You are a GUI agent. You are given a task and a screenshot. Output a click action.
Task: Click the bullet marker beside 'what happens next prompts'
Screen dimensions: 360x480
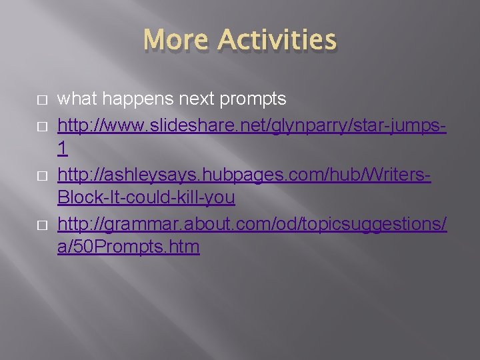(x=41, y=100)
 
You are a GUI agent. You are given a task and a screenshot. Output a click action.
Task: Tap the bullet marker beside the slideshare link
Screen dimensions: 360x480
(x=41, y=125)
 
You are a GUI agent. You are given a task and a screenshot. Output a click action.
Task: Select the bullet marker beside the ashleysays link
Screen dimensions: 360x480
(x=41, y=174)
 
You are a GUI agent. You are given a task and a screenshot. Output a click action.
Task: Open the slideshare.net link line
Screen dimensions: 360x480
(x=252, y=124)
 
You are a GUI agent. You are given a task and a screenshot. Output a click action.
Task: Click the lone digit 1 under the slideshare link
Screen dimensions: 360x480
(x=63, y=149)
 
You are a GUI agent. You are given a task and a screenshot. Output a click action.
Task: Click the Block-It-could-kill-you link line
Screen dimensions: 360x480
(x=146, y=198)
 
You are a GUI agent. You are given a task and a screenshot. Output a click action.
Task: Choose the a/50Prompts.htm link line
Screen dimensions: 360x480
(x=129, y=247)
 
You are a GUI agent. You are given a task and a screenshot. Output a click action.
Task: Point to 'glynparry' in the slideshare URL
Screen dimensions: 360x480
(x=305, y=125)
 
